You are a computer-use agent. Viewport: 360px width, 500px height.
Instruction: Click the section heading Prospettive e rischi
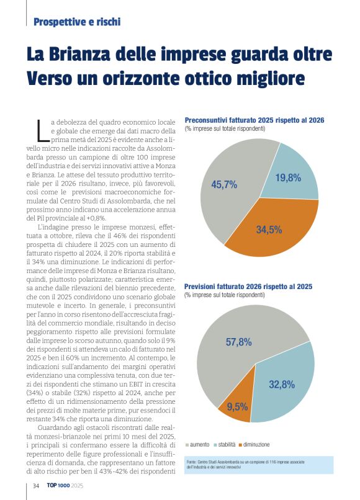point(77,22)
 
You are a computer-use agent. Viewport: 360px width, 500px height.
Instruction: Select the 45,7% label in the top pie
point(224,184)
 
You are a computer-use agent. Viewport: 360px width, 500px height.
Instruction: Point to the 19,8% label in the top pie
point(288,178)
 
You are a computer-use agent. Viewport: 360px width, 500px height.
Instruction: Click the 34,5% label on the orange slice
point(269,230)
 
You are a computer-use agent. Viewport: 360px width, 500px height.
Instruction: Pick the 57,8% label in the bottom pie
point(238,342)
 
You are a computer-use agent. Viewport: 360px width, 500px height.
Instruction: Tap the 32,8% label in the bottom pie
point(281,385)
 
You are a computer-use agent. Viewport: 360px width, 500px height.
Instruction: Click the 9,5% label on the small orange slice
point(237,407)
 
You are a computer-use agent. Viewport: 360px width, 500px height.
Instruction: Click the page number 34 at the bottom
point(37,485)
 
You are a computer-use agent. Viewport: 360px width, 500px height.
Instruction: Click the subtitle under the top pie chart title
point(225,128)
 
